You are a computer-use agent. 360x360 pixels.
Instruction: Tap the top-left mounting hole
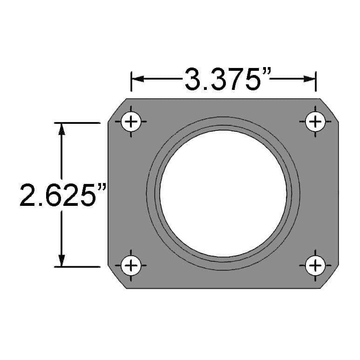(x=131, y=122)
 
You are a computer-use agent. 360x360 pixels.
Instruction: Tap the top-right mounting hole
(x=316, y=122)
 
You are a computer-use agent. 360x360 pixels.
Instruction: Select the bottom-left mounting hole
(x=131, y=266)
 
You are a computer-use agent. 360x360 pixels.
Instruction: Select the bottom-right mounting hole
(x=316, y=266)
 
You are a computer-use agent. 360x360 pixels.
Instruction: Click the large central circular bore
(x=223, y=193)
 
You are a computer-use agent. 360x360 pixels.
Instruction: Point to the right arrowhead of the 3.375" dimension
(x=310, y=79)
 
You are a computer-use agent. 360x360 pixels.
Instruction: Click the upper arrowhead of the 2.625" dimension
(x=61, y=129)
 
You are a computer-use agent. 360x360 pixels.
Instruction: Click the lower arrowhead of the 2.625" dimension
(x=61, y=260)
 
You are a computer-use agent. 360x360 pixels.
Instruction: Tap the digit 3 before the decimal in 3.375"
(x=193, y=80)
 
